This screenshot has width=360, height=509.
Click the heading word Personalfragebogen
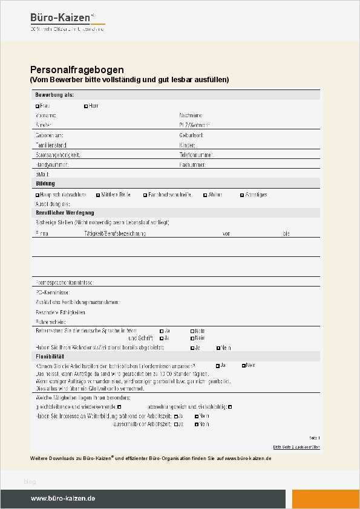point(77,70)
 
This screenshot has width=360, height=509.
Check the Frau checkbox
point(38,106)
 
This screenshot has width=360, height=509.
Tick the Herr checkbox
point(86,106)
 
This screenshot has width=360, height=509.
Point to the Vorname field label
point(46,115)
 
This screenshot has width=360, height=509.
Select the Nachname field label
point(191,115)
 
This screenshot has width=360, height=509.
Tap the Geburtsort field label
point(192,135)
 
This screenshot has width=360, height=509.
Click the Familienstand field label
point(51,145)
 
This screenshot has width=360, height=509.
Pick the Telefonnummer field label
point(196,155)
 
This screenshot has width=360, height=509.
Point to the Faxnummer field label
point(193,164)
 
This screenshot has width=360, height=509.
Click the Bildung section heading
point(45,183)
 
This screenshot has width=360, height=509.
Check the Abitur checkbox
point(205,195)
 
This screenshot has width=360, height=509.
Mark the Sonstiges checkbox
point(242,195)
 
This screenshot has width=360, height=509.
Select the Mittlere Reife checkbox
point(98,195)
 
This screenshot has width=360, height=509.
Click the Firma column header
point(42,233)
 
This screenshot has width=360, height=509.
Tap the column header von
point(226,233)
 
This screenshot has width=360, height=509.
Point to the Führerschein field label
point(50,322)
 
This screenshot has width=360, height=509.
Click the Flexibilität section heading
point(50,357)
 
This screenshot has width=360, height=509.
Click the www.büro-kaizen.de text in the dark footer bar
point(63,499)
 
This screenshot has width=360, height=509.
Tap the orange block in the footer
point(326,499)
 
